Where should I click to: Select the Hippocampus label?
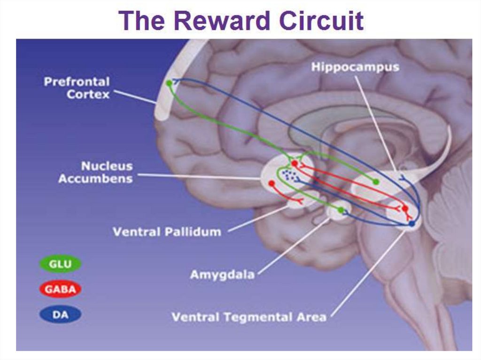tap(355, 67)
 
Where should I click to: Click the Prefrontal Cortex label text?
tap(77, 88)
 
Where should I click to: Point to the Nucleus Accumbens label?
tap(95, 172)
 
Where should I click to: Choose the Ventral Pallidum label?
tap(167, 231)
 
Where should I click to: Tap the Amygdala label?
tap(222, 275)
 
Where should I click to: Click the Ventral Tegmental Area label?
tap(248, 317)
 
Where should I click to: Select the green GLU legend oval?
tap(60, 265)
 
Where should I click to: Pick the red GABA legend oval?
tap(60, 290)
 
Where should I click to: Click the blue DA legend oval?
tap(60, 315)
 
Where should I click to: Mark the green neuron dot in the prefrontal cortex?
tap(169, 83)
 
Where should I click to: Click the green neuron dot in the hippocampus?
tap(375, 182)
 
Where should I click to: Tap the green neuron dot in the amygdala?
tap(341, 209)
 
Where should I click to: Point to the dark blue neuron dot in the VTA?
tap(411, 224)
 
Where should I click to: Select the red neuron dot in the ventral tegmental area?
tap(405, 208)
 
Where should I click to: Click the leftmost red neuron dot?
tap(271, 183)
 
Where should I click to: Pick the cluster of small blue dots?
tap(289, 176)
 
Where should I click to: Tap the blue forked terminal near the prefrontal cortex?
tap(177, 81)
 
